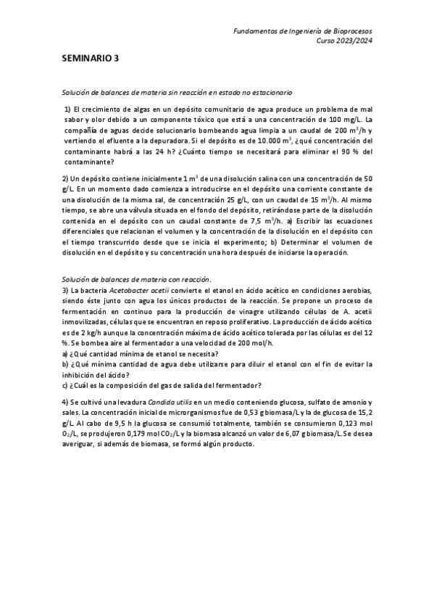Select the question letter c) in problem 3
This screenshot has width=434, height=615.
click(65, 386)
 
